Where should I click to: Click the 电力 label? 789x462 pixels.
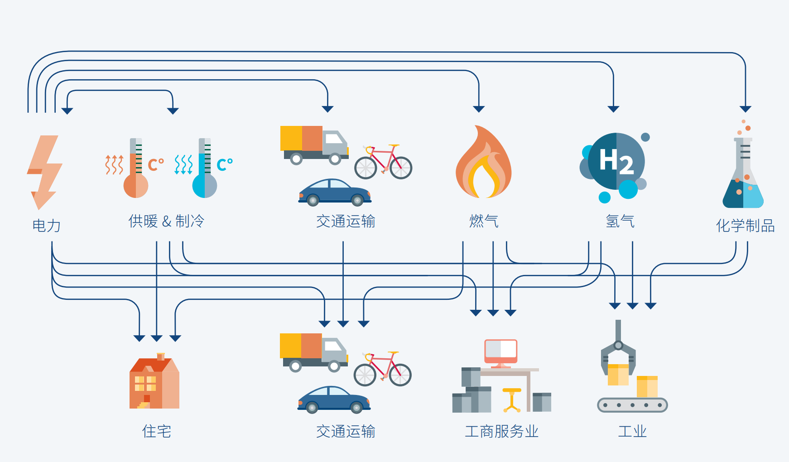tap(46, 225)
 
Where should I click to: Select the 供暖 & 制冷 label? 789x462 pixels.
tap(166, 221)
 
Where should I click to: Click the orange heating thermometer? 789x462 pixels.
tap(135, 169)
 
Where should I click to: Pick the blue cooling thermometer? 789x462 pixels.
tap(205, 169)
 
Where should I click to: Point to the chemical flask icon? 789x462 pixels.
tap(743, 172)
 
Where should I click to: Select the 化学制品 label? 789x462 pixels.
tap(745, 225)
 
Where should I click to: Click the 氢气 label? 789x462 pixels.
tap(620, 221)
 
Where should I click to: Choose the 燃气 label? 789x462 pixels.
tap(484, 221)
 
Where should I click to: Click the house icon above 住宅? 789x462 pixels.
tap(154, 383)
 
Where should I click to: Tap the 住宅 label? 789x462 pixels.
tap(157, 431)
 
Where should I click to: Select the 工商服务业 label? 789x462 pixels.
tap(501, 431)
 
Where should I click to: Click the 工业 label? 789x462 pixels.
tap(632, 431)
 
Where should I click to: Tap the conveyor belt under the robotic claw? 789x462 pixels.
tap(632, 405)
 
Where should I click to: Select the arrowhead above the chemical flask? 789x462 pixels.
tap(746, 109)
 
